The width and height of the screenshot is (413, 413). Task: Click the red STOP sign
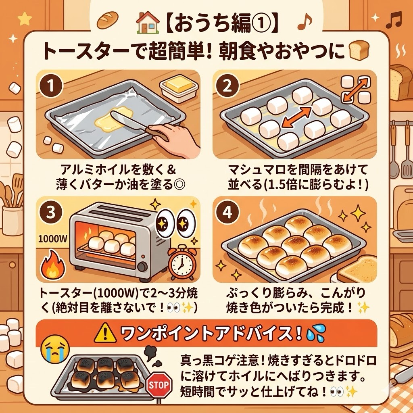click(159, 385)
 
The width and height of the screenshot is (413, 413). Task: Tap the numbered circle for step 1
click(51, 86)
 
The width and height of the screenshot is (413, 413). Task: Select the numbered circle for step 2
click(227, 86)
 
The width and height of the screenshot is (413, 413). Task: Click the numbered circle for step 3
click(51, 212)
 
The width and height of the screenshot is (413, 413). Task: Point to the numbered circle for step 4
click(227, 212)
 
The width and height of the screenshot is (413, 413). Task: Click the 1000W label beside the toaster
click(53, 239)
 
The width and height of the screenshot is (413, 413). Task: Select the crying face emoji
click(55, 349)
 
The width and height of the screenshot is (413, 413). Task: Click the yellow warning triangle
click(105, 333)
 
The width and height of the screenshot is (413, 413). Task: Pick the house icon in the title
click(148, 23)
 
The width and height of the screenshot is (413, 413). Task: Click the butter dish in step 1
click(179, 89)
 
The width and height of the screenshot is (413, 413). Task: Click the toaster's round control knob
click(142, 267)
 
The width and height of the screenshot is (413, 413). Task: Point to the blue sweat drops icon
click(316, 332)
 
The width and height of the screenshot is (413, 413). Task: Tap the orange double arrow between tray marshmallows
click(296, 117)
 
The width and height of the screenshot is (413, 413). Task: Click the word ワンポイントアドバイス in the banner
click(206, 333)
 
